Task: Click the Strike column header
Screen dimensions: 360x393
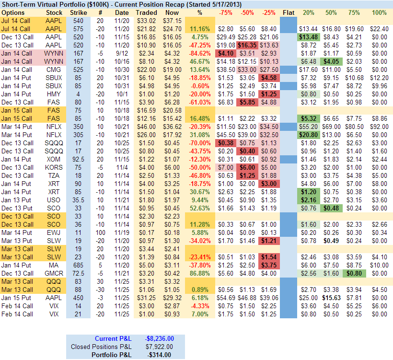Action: (79, 12)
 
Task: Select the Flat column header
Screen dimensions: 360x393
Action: (289, 12)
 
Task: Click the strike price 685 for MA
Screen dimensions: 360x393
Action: (79, 265)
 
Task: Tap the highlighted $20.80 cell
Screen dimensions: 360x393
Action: (309, 135)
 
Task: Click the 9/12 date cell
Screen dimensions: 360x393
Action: (122, 53)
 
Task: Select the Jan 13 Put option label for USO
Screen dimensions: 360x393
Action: (17, 199)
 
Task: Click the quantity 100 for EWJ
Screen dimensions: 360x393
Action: (100, 232)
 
